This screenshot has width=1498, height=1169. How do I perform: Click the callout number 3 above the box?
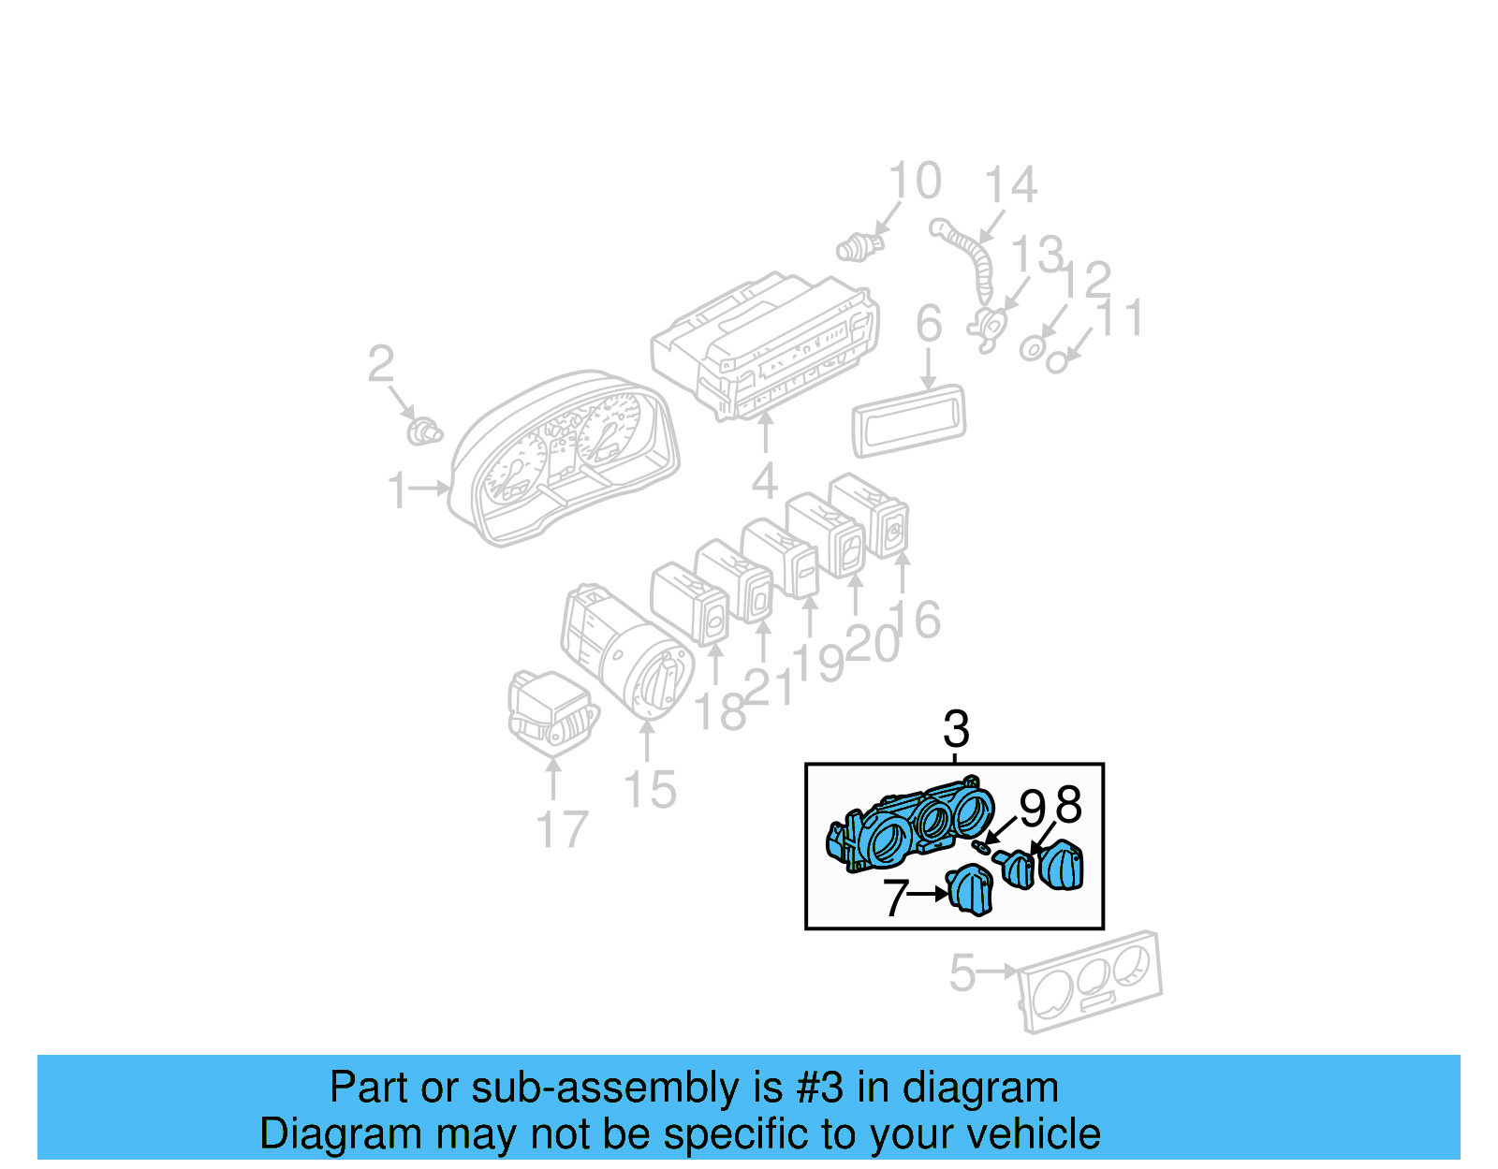[956, 728]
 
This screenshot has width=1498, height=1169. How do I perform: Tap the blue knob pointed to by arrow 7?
[971, 890]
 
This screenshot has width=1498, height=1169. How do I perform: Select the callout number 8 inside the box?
[1068, 805]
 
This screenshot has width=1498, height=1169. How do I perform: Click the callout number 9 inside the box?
[1032, 809]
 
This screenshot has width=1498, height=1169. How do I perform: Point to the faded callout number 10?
[915, 182]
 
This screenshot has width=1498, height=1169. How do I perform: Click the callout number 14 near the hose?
[1010, 185]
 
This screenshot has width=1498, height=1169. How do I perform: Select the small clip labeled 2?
[425, 432]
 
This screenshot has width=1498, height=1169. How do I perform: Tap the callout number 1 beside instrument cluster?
[398, 490]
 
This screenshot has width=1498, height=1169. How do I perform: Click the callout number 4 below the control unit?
[765, 482]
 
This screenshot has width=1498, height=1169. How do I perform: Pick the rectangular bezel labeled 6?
[908, 420]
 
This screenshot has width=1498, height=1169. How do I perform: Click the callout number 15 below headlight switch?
[650, 790]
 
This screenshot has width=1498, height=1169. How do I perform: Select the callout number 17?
[562, 829]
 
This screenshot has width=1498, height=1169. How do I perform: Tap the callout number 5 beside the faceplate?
[962, 973]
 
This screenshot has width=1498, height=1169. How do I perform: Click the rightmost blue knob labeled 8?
[1062, 866]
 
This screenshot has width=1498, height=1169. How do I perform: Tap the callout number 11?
[1120, 318]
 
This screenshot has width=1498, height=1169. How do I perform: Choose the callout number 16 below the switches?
[915, 620]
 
